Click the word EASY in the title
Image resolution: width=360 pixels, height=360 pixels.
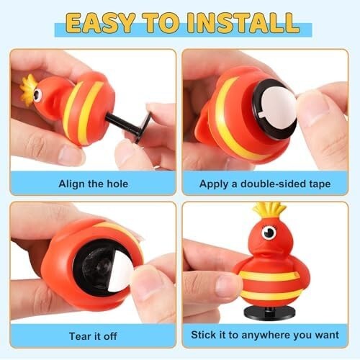pos(100,23)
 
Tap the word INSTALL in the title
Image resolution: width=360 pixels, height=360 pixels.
pos(243,23)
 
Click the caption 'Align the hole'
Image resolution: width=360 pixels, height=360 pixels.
pos(93,184)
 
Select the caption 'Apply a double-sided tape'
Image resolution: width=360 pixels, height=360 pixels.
pos(265,184)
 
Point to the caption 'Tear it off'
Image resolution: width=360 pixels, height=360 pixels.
pos(93,336)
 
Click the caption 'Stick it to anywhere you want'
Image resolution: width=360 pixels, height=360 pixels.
pos(265,335)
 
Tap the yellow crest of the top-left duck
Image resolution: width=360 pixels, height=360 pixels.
pos(27,90)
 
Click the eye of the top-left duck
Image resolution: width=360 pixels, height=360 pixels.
pos(37,95)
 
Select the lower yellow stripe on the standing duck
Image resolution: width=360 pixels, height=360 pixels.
pos(271,294)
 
